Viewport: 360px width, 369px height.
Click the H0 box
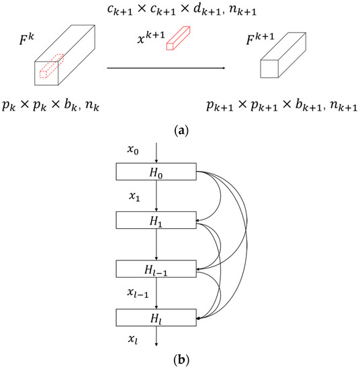coord(156,172)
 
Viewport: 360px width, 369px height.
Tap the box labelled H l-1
coord(156,269)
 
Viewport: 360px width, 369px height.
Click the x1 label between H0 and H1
coord(134,197)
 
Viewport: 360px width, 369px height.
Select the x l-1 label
coord(136,294)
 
